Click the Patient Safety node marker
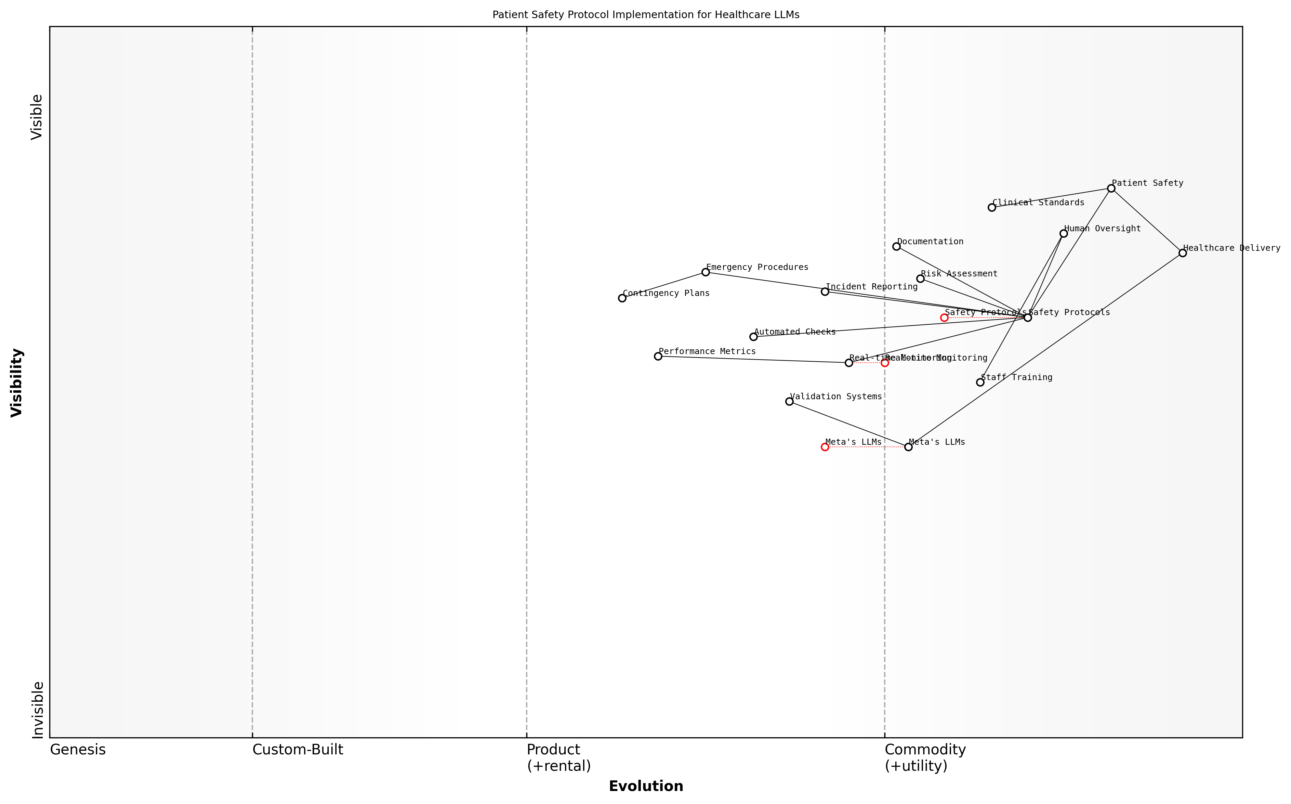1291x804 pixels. coord(1111,188)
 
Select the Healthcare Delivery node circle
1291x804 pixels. coord(1183,253)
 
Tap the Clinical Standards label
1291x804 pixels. coord(1038,203)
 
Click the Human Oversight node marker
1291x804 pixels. coord(1064,233)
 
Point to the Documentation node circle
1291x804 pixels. coord(897,246)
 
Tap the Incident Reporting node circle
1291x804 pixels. coord(825,291)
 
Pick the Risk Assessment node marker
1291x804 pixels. coord(921,278)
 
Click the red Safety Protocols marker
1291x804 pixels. coord(945,318)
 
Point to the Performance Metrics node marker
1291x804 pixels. coord(658,356)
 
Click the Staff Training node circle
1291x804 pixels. coord(980,382)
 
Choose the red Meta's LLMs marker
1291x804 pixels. coord(825,447)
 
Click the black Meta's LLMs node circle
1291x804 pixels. coord(908,447)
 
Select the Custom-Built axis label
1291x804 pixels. coord(298,750)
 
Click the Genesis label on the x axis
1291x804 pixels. coord(78,750)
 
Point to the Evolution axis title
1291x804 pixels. coord(646,787)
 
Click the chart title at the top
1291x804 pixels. coord(646,15)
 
